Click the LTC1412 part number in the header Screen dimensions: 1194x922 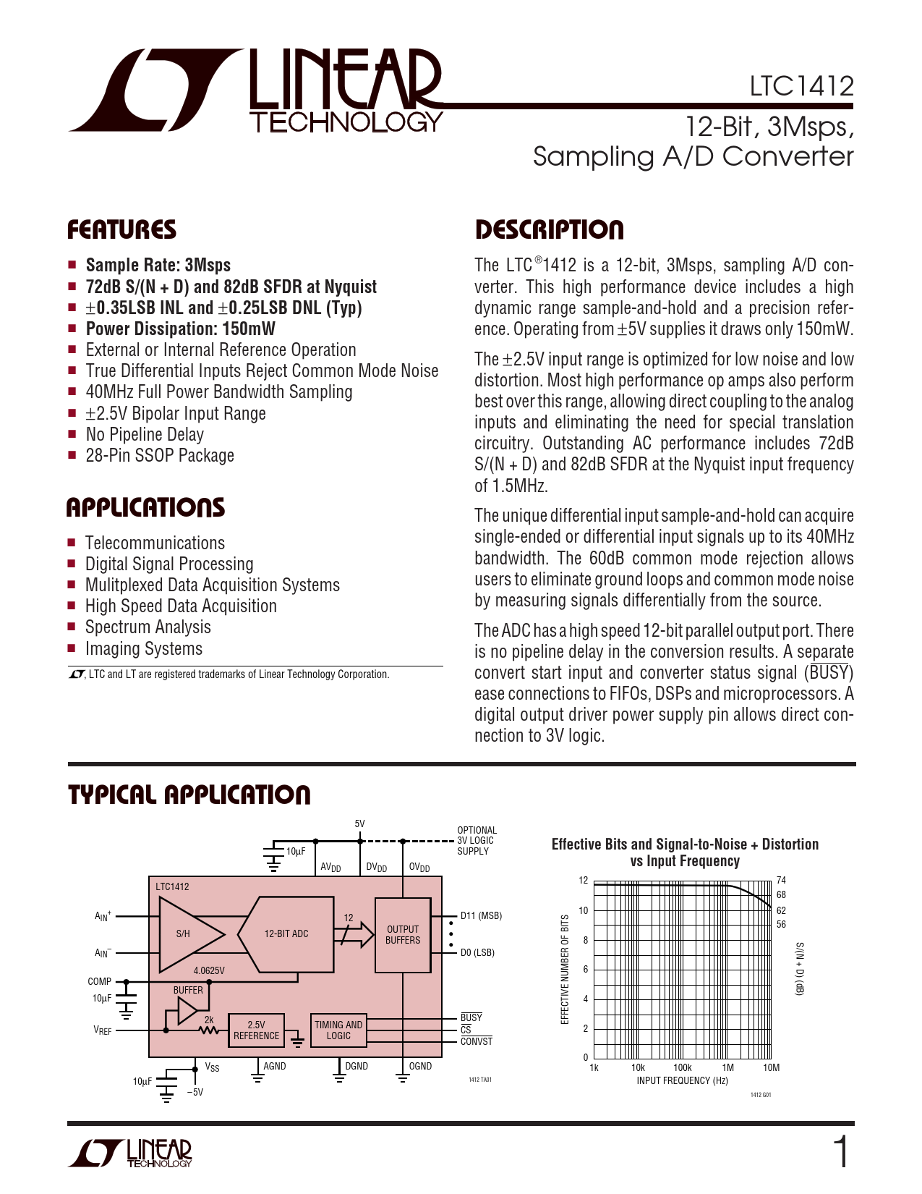[801, 87]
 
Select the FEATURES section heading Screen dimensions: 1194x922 [121, 230]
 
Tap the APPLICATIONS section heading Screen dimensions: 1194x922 [145, 507]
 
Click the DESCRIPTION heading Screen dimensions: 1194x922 [549, 230]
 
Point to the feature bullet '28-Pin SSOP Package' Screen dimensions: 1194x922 [160, 456]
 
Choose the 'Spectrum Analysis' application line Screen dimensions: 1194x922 [148, 627]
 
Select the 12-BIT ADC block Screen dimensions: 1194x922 [287, 933]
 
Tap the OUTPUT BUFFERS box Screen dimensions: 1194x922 [403, 934]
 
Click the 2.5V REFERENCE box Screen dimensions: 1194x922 [256, 1030]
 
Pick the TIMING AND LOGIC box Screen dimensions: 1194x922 [338, 1030]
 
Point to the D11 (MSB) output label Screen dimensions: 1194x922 [481, 916]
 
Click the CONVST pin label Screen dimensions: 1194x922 [477, 1042]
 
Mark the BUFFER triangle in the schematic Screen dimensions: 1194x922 [187, 1010]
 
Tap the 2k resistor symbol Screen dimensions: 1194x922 [209, 1029]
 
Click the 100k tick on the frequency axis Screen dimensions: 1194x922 [683, 1067]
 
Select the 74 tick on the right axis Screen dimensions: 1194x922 [781, 881]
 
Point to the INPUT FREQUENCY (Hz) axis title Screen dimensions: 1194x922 [682, 1081]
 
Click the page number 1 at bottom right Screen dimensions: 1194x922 [841, 1153]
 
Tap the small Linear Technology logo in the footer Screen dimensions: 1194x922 [131, 1153]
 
